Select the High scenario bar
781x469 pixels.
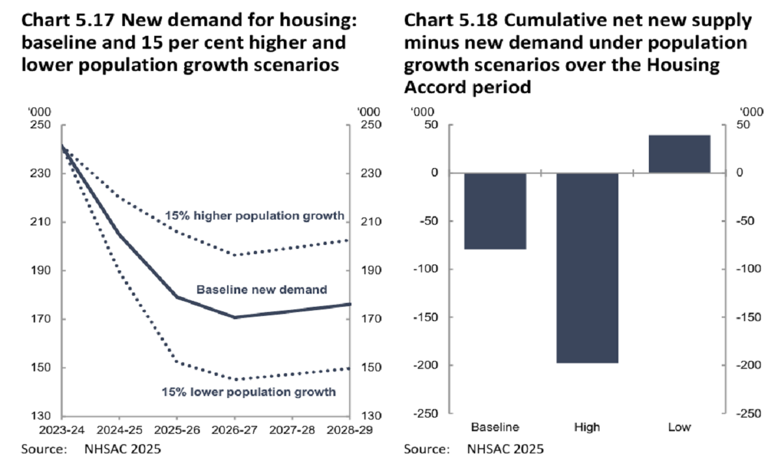[x=587, y=267]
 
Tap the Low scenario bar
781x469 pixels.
[x=679, y=154]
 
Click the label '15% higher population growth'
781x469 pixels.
[x=254, y=216]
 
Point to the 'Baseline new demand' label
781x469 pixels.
[x=262, y=289]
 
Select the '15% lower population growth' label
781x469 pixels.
[x=249, y=392]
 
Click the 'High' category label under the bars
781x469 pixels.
[x=587, y=428]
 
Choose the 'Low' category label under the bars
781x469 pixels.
[x=679, y=428]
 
